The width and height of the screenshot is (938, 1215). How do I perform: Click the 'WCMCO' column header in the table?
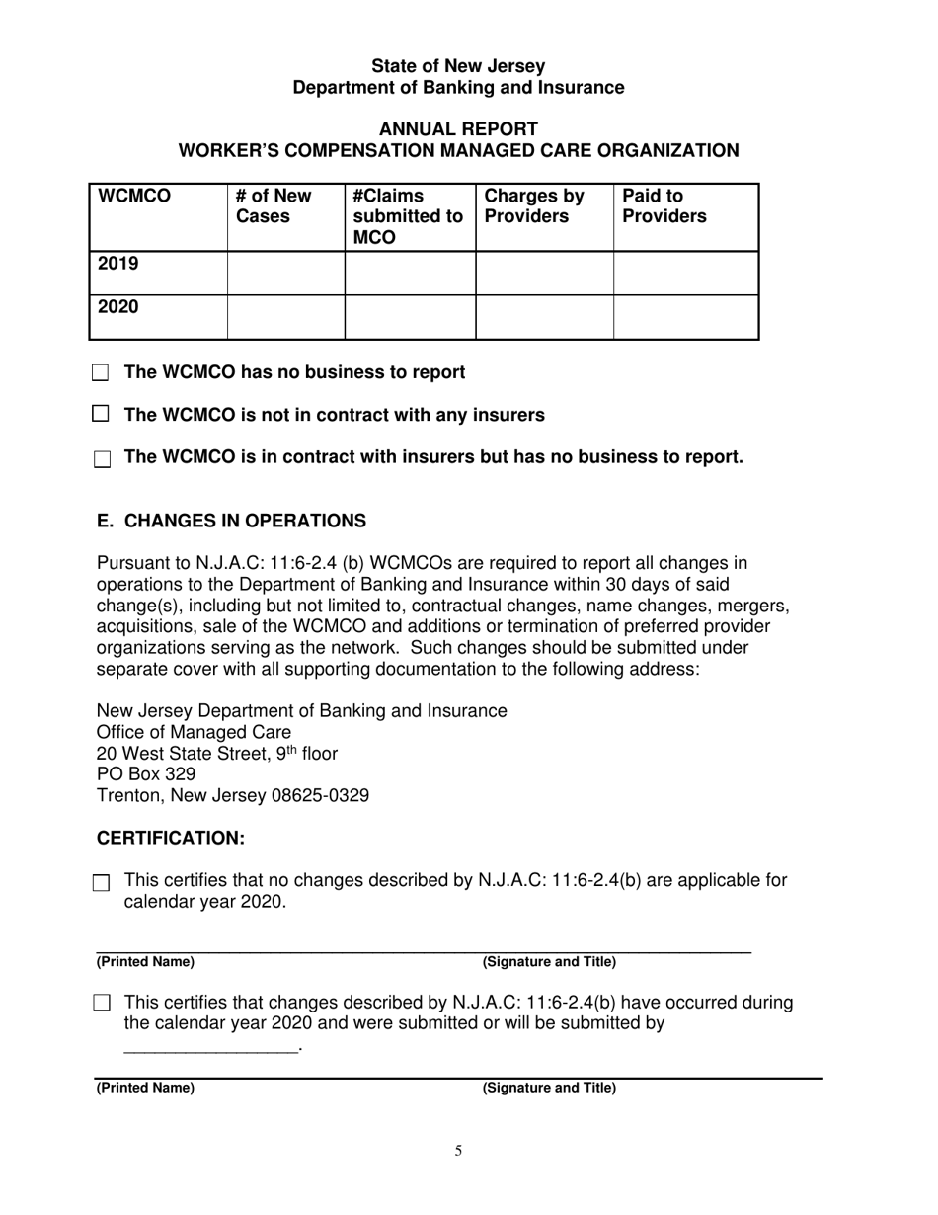click(x=133, y=197)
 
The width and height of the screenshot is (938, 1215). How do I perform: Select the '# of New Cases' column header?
click(x=274, y=205)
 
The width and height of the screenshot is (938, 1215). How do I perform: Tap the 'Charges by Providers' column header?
click(x=535, y=205)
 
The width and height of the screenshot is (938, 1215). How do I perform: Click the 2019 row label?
click(x=117, y=265)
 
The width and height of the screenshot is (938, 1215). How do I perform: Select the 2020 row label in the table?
click(x=117, y=307)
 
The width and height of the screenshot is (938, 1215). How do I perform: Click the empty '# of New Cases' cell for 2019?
click(x=285, y=273)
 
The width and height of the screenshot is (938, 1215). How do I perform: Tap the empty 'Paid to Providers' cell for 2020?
click(x=685, y=317)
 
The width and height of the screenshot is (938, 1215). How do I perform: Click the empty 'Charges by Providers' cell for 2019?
click(x=544, y=273)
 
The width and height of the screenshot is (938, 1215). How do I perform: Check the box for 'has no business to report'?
click(x=102, y=373)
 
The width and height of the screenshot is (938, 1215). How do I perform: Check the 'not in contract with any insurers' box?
click(x=101, y=415)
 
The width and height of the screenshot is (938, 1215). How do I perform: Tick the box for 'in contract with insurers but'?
click(x=102, y=459)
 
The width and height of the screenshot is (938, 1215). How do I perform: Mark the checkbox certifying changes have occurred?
click(x=102, y=1004)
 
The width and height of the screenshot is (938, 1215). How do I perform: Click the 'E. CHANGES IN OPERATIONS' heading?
click(x=231, y=521)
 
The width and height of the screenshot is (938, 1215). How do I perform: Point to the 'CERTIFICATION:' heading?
click(x=170, y=838)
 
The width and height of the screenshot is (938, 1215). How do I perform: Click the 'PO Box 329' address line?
click(x=145, y=774)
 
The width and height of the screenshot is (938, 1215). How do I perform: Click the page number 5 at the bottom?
click(x=458, y=1150)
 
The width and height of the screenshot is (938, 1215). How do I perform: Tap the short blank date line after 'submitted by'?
click(x=210, y=1049)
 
